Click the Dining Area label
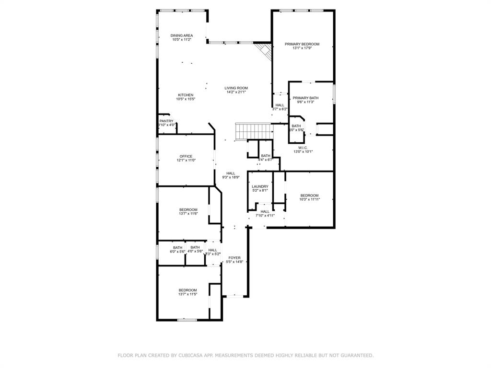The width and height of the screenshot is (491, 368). pyautogui.click(x=182, y=35)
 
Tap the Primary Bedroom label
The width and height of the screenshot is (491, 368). pyautogui.click(x=302, y=44)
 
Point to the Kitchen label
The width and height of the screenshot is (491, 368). pyautogui.click(x=186, y=95)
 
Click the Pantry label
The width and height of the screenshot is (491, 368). pyautogui.click(x=166, y=121)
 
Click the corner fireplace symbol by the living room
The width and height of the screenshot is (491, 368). pyautogui.click(x=263, y=51)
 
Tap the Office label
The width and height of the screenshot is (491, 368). pyautogui.click(x=186, y=156)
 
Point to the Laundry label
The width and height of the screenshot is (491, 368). pyautogui.click(x=260, y=186)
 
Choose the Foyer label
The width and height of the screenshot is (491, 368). pyautogui.click(x=234, y=258)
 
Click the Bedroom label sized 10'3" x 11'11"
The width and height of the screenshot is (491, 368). pyautogui.click(x=309, y=195)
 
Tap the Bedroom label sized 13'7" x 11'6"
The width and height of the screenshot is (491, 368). pyautogui.click(x=188, y=209)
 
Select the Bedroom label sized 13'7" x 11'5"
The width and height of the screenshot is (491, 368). pyautogui.click(x=188, y=290)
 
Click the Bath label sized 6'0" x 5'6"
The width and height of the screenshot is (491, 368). pyautogui.click(x=177, y=247)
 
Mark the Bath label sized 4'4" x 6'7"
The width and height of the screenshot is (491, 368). pyautogui.click(x=266, y=156)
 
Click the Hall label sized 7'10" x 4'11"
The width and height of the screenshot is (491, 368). pyautogui.click(x=265, y=211)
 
